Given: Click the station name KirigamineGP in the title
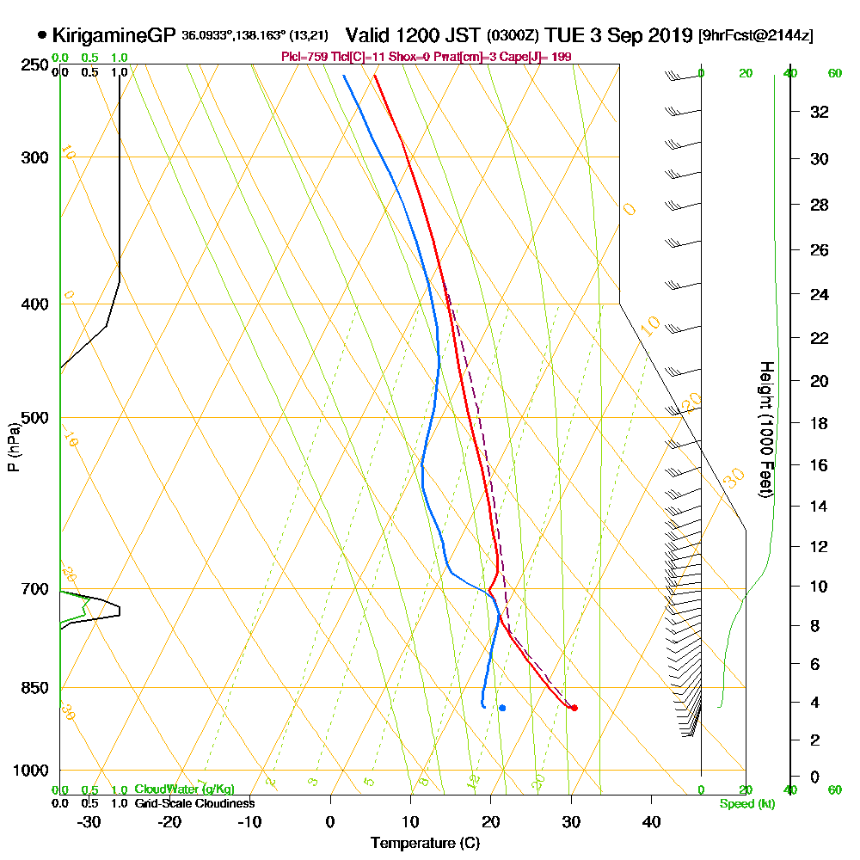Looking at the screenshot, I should pos(115,35).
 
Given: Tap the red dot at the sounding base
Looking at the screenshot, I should pos(574,708).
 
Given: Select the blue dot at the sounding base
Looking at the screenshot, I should pos(502,708).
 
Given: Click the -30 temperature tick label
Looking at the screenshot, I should pos(89,821).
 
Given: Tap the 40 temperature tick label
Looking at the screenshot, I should pos(651,821).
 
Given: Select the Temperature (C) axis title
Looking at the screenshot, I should pos(425,844).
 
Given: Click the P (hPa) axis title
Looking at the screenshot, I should pos(13,446).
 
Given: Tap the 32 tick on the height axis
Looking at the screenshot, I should pos(820,111).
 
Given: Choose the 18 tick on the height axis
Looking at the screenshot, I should pos(820,423).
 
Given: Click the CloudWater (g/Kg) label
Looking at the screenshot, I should pos(184,789).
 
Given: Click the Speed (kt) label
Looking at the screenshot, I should pos(745,804).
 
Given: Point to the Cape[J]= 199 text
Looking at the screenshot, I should pos(540,57).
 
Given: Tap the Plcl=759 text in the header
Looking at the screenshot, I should pos(301,57).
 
